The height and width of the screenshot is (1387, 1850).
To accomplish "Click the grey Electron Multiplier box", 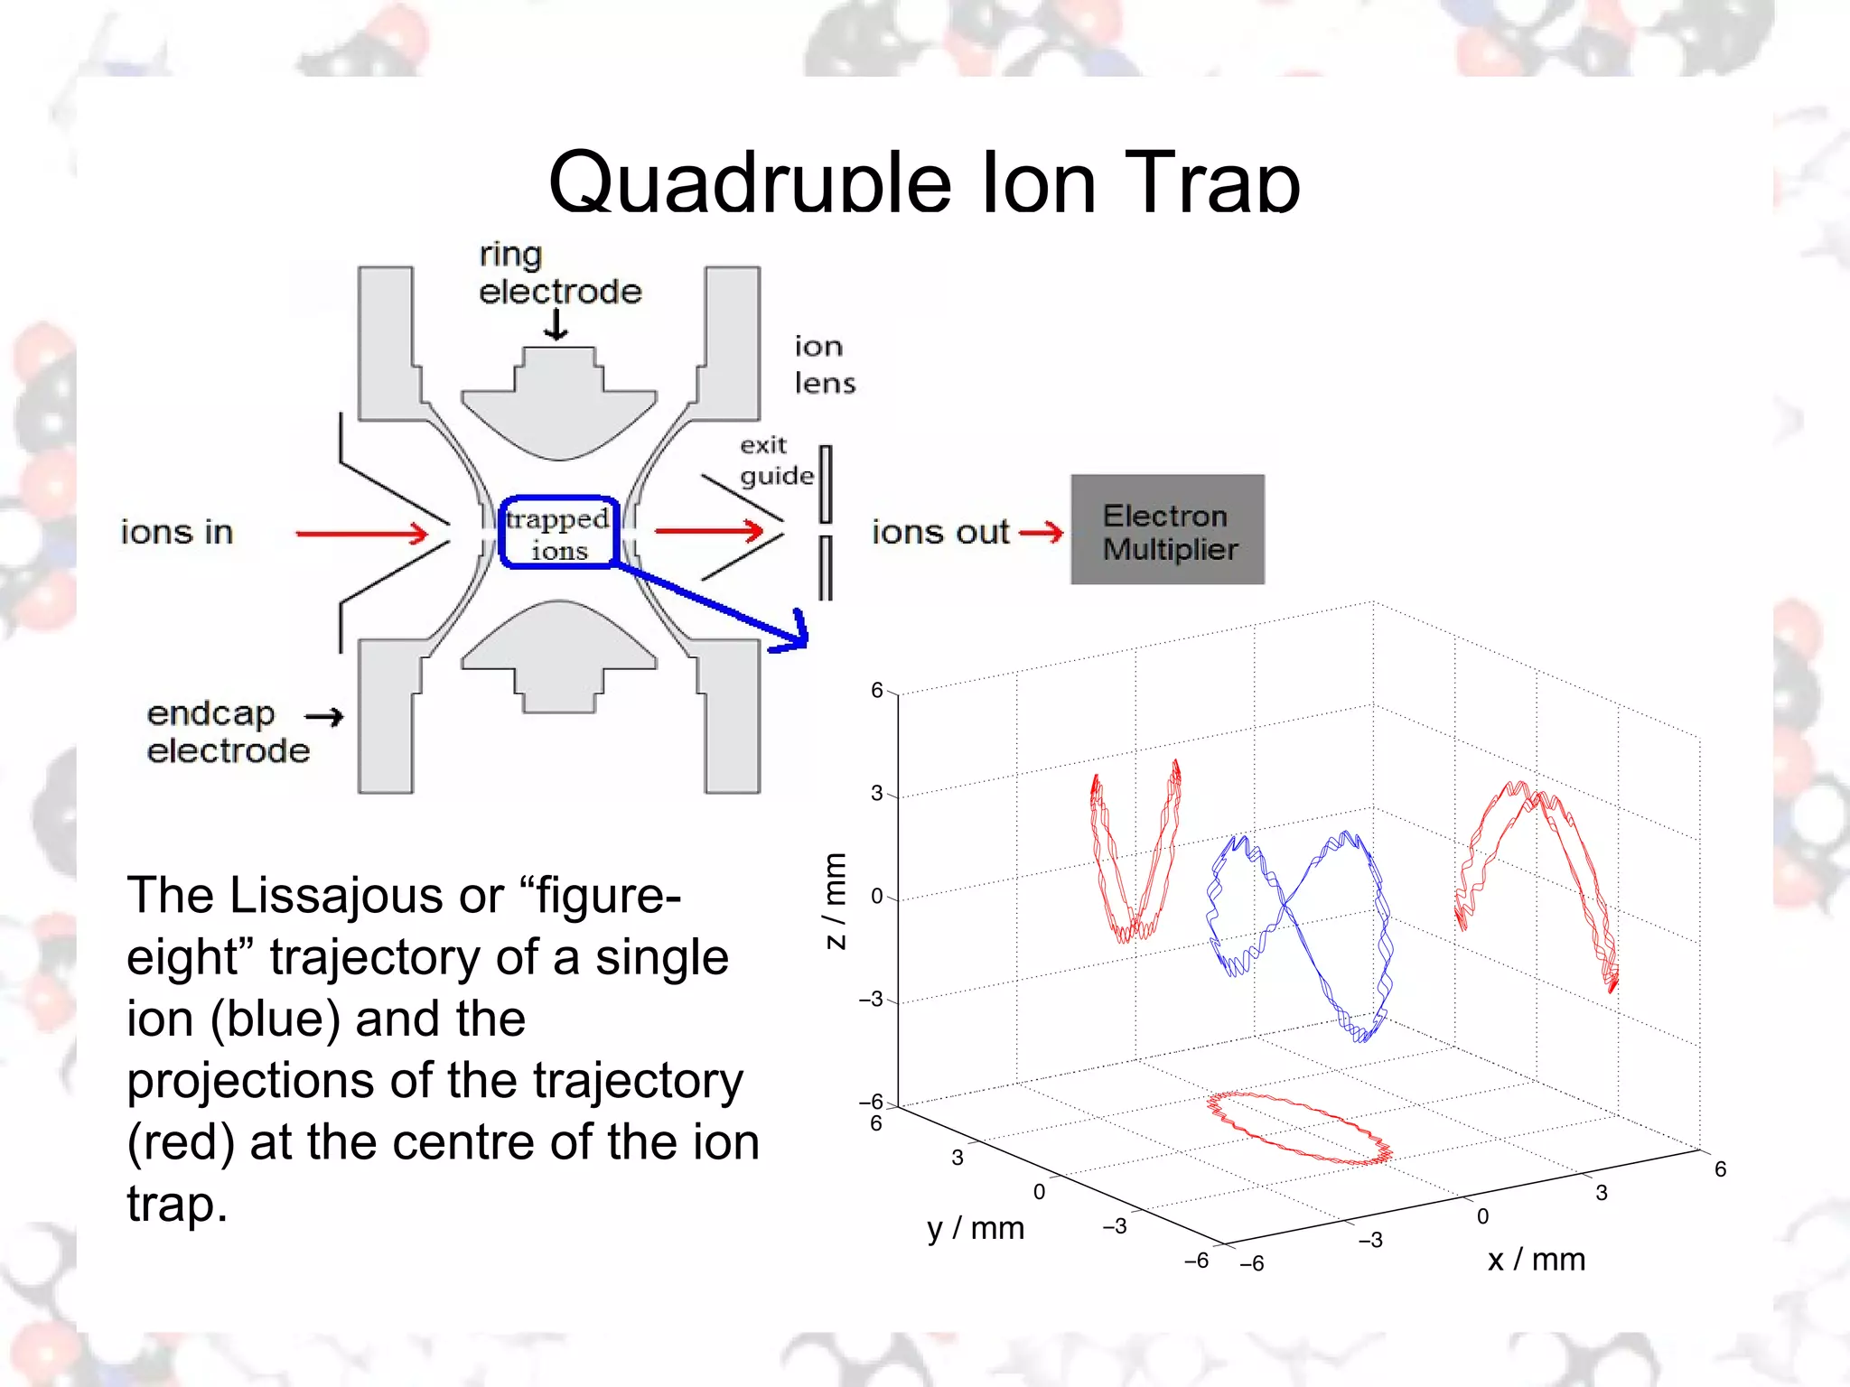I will tap(1167, 530).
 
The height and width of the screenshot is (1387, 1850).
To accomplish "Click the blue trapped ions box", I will tap(558, 533).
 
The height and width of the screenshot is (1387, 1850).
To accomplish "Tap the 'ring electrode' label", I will tap(558, 274).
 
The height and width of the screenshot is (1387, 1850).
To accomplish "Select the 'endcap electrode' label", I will tap(228, 732).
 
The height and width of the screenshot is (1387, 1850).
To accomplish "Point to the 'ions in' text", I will tap(177, 533).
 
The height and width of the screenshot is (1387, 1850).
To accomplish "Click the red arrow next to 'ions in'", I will tap(361, 534).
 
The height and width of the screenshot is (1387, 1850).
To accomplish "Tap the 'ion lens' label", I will tap(824, 365).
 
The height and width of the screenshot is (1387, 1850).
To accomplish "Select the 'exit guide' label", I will tap(775, 461).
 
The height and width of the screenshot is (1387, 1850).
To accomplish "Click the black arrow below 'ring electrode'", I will tap(556, 325).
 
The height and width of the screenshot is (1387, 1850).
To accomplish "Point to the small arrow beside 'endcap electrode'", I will tap(324, 717).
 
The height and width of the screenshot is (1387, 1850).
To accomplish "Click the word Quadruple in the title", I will tap(750, 183).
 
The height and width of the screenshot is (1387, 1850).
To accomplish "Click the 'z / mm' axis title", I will tap(836, 901).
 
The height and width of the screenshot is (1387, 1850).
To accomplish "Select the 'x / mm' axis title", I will tap(1536, 1259).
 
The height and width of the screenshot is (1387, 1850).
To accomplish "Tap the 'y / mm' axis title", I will tap(976, 1228).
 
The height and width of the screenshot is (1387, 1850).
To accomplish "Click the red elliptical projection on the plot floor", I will tap(1299, 1128).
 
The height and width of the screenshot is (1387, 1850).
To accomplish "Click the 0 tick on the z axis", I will tap(876, 897).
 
